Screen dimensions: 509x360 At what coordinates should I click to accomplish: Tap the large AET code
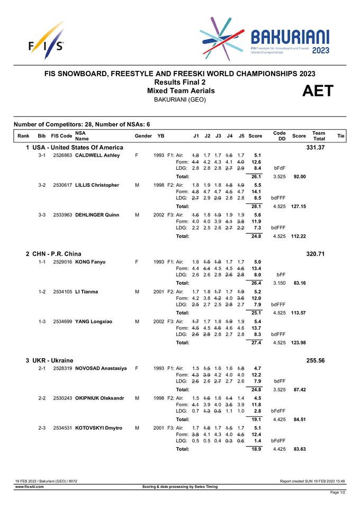[318, 91]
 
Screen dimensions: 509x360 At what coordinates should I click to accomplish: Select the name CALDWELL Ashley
[97, 155]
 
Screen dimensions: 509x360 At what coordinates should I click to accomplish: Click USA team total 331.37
[316, 147]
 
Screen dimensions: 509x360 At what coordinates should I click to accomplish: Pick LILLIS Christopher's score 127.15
[299, 206]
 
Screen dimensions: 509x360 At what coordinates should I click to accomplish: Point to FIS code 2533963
[63, 215]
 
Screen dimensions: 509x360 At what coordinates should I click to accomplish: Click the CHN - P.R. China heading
[58, 254]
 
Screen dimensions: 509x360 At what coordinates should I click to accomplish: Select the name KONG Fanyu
[90, 262]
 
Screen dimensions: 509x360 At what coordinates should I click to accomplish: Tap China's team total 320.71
[316, 254]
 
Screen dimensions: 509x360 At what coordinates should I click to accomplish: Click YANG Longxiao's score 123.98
[299, 343]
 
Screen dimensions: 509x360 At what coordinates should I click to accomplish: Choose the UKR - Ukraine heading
[53, 360]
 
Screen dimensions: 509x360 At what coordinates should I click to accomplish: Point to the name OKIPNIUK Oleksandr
[100, 398]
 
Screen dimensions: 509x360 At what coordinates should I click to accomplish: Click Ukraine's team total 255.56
[316, 360]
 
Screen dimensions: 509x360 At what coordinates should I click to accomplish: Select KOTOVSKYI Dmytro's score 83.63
[299, 449]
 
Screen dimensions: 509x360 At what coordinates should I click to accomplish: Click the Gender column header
[143, 136]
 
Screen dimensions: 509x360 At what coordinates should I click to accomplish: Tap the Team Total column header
[319, 136]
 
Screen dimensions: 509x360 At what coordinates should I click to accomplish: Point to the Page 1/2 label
[337, 493]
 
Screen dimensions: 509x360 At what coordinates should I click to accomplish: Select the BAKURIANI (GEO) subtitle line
[179, 99]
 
